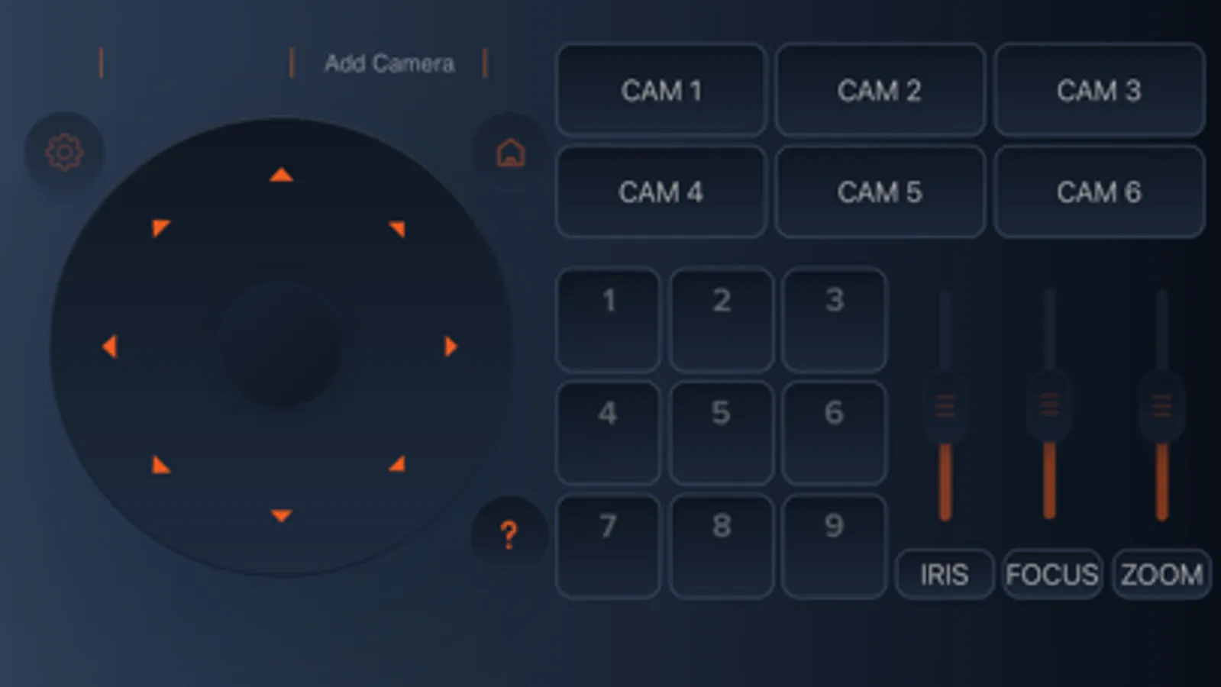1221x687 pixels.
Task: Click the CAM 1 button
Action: click(661, 90)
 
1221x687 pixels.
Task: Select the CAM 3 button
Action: click(1099, 90)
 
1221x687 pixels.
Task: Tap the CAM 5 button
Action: click(880, 192)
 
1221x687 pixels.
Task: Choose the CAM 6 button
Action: click(1099, 192)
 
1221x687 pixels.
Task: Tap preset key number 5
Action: click(721, 433)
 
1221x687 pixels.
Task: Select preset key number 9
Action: click(834, 547)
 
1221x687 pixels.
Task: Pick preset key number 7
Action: click(609, 547)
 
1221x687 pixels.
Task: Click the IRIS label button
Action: click(945, 574)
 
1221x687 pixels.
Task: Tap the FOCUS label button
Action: click(1052, 574)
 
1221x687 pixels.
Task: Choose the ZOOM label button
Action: click(1161, 574)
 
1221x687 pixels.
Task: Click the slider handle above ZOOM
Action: click(1161, 406)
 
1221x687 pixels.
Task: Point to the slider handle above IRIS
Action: click(945, 406)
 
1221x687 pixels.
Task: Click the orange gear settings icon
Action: click(64, 152)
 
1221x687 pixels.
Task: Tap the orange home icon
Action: click(510, 153)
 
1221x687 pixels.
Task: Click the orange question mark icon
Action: click(509, 534)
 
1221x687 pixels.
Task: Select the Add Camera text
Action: click(389, 64)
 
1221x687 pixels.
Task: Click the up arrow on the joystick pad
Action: click(281, 174)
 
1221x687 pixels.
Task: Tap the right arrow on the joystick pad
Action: click(451, 347)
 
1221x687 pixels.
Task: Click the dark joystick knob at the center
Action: click(281, 344)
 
